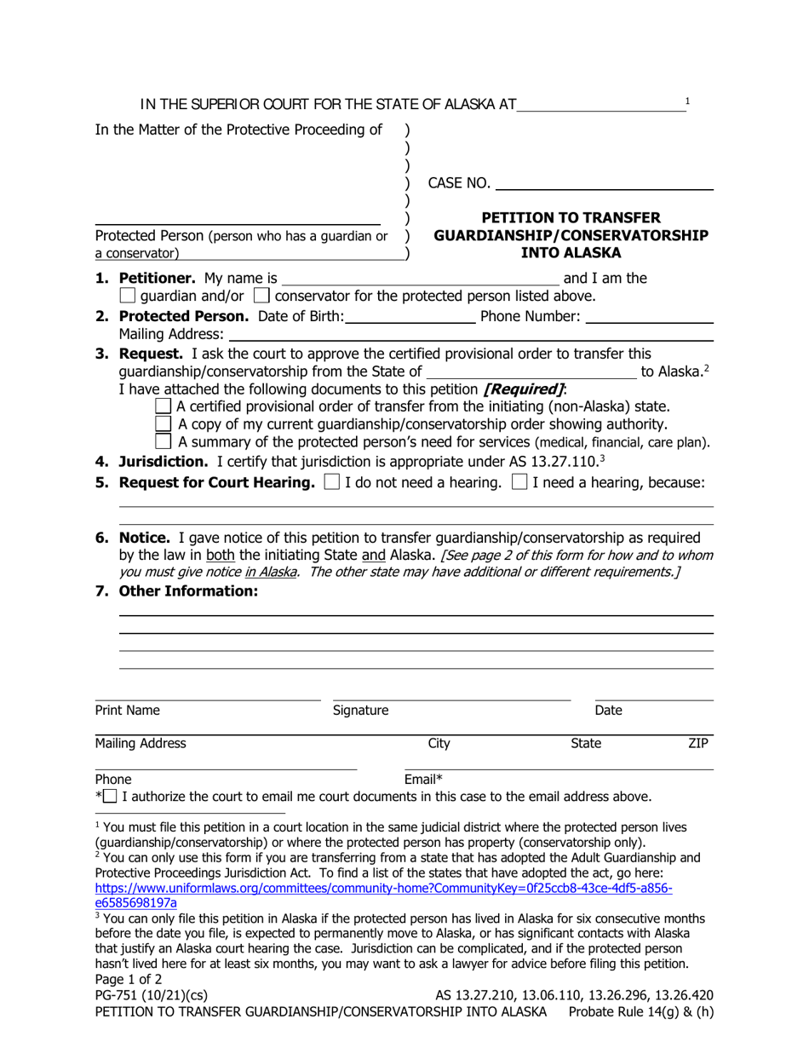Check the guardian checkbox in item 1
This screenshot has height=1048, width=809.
click(x=128, y=296)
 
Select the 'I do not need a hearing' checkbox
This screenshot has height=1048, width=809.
click(x=332, y=483)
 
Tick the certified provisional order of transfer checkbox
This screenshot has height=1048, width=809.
click(x=166, y=406)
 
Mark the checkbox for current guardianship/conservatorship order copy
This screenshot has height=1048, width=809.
click(x=166, y=423)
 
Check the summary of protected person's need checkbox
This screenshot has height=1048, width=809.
click(x=166, y=441)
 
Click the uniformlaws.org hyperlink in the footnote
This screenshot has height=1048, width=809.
click(x=383, y=888)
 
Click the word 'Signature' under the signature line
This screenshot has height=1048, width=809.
click(x=360, y=711)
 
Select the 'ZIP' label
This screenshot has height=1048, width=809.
click(x=698, y=744)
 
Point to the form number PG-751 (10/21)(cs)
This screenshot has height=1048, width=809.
click(x=151, y=995)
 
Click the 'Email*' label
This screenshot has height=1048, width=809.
click(x=424, y=779)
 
